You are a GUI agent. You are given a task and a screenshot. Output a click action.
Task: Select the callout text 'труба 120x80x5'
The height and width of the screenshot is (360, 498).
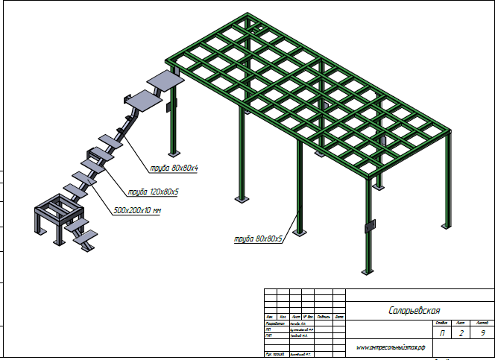154,192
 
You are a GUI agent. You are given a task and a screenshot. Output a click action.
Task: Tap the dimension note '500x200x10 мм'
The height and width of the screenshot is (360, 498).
139,211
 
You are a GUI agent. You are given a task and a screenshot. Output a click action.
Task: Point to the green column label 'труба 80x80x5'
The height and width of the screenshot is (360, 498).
258,239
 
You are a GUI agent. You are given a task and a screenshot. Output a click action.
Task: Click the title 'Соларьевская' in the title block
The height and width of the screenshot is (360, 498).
415,310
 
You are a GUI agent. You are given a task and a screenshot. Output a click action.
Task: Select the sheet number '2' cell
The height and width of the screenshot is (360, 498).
462,333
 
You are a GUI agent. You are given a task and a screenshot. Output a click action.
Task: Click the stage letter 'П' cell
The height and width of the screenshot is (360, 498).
443,333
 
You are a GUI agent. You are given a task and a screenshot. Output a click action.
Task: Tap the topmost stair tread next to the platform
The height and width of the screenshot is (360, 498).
166,80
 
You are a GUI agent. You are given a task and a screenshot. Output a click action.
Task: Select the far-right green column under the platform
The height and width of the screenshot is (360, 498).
447,179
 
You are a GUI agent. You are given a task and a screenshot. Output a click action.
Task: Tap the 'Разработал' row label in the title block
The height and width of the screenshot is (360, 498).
274,323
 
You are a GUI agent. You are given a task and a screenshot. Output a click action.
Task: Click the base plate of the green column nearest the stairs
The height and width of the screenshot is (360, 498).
240,200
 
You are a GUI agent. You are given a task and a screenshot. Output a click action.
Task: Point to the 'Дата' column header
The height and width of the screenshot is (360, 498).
338,317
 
